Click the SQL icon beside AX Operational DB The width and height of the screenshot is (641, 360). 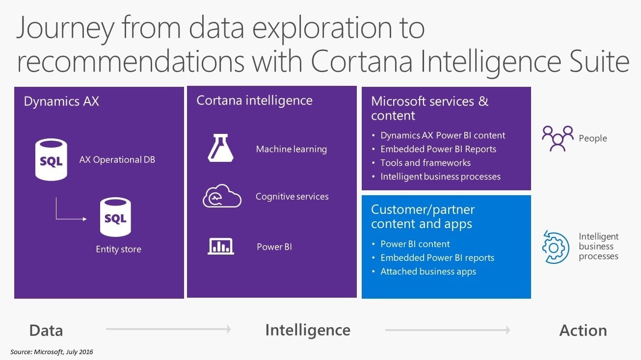pyautogui.click(x=51, y=159)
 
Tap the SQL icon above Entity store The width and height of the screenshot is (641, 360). pyautogui.click(x=115, y=217)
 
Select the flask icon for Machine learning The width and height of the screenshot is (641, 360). pyautogui.click(x=220, y=148)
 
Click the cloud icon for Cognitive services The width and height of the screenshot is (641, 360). pyautogui.click(x=222, y=196)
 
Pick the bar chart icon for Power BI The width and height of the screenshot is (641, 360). pyautogui.click(x=221, y=246)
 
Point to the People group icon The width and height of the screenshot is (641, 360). pyautogui.click(x=558, y=138)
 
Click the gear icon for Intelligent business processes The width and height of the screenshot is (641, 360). pyautogui.click(x=555, y=247)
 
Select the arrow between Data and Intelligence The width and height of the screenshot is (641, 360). pyautogui.click(x=168, y=329)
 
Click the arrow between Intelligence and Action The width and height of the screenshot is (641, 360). pyautogui.click(x=448, y=330)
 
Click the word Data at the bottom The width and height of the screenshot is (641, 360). pyautogui.click(x=46, y=331)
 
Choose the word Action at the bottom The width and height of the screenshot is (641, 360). pyautogui.click(x=583, y=331)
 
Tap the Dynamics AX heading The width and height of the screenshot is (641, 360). pyautogui.click(x=61, y=101)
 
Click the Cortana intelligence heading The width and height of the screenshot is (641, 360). pyautogui.click(x=254, y=101)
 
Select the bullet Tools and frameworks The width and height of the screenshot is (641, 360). pyautogui.click(x=425, y=163)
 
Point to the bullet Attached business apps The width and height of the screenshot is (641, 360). pyautogui.click(x=428, y=271)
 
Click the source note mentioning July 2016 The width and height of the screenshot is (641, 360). pyautogui.click(x=52, y=352)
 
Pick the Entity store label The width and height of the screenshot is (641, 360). pyautogui.click(x=118, y=249)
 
